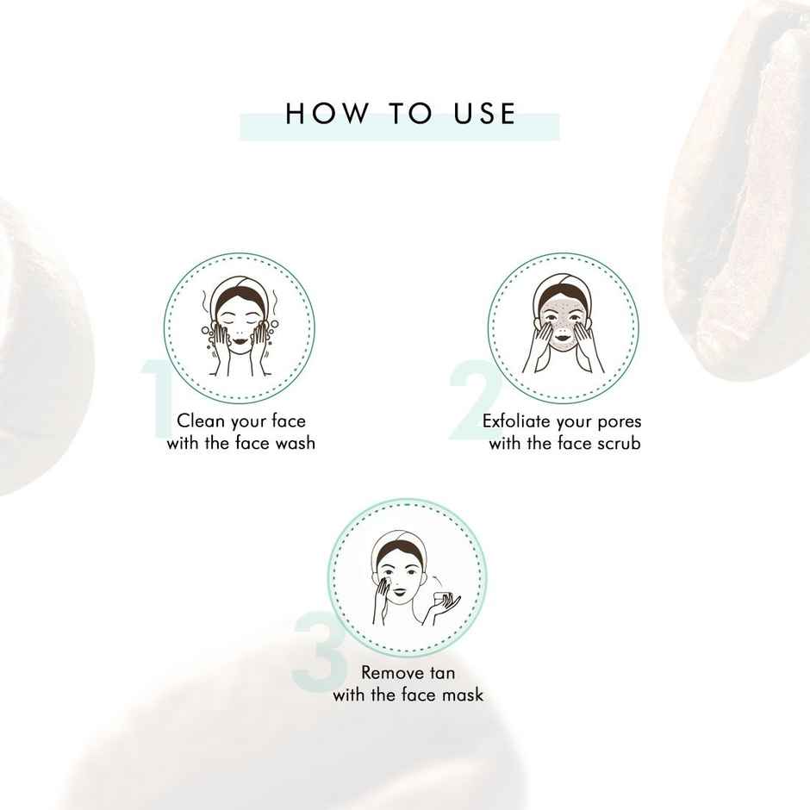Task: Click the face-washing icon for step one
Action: coord(239,328)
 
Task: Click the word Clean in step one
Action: coord(198,421)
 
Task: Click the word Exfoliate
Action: coord(515,421)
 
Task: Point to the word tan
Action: coord(439,673)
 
